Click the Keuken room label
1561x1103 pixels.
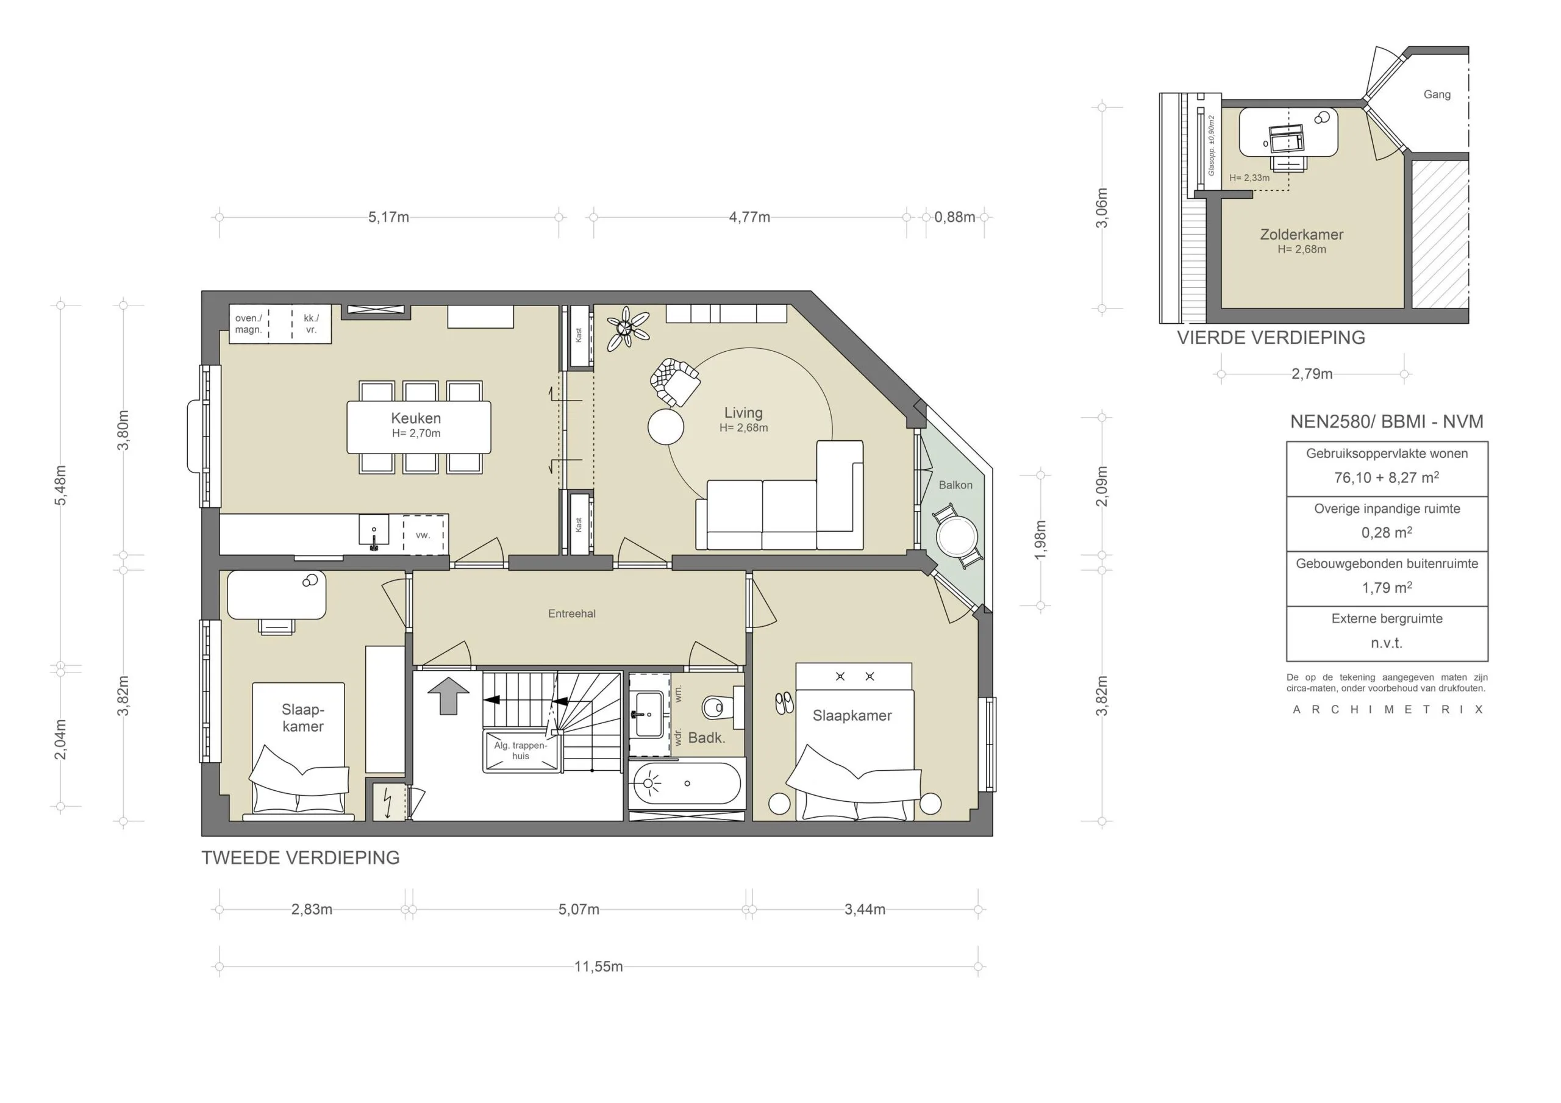415,418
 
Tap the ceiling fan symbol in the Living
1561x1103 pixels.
626,329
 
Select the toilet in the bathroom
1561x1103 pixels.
713,708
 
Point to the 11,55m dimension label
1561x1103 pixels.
598,966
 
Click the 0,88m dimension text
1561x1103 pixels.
954,217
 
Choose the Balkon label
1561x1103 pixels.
956,485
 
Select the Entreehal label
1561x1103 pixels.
571,613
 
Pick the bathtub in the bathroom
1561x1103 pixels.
686,784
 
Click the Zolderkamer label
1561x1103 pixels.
1301,235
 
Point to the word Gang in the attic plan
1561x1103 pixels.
1437,95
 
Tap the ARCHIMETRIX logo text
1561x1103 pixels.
1387,709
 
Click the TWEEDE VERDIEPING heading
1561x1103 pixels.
300,857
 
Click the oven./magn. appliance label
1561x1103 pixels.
248,324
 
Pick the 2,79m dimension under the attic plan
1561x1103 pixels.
1312,373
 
